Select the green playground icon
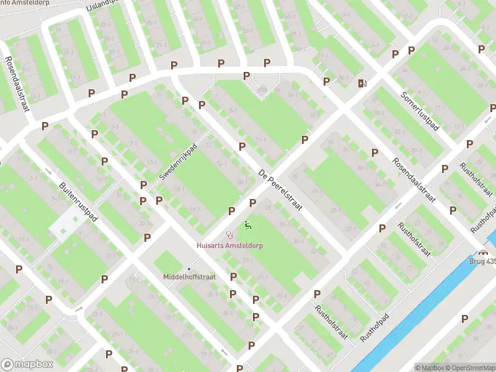(248, 225)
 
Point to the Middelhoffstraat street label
(189, 277)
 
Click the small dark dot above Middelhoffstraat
(189, 268)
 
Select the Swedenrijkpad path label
(182, 163)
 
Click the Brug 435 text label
(484, 262)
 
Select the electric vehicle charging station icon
(362, 83)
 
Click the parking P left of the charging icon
(326, 81)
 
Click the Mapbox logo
(27, 365)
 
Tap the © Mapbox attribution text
(430, 368)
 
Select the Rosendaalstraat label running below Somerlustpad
(414, 180)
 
